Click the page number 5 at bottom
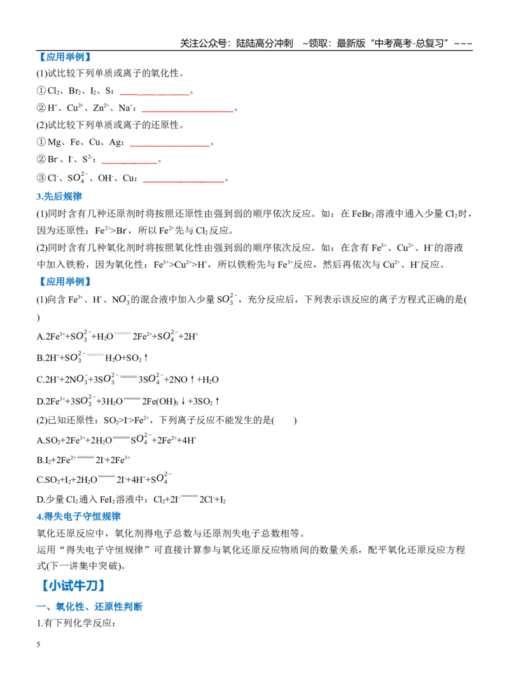click(x=38, y=645)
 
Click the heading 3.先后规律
click(x=59, y=196)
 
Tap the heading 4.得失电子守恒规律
click(x=78, y=516)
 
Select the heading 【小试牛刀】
click(x=73, y=585)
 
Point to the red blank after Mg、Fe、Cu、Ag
click(x=170, y=145)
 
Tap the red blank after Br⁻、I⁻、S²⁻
click(x=129, y=163)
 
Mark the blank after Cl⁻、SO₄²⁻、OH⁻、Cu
click(x=184, y=181)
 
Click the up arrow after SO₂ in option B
click(x=146, y=358)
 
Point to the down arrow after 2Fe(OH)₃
click(x=183, y=401)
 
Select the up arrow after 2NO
click(x=192, y=379)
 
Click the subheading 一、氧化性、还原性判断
click(x=90, y=606)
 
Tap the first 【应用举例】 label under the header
click(x=65, y=57)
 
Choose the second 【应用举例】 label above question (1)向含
click(x=65, y=281)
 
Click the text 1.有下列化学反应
click(x=76, y=623)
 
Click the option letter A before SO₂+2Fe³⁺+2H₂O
click(x=40, y=440)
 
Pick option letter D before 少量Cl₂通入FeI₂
click(x=40, y=499)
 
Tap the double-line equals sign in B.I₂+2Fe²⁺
click(x=85, y=457)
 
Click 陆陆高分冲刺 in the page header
click(x=265, y=43)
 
